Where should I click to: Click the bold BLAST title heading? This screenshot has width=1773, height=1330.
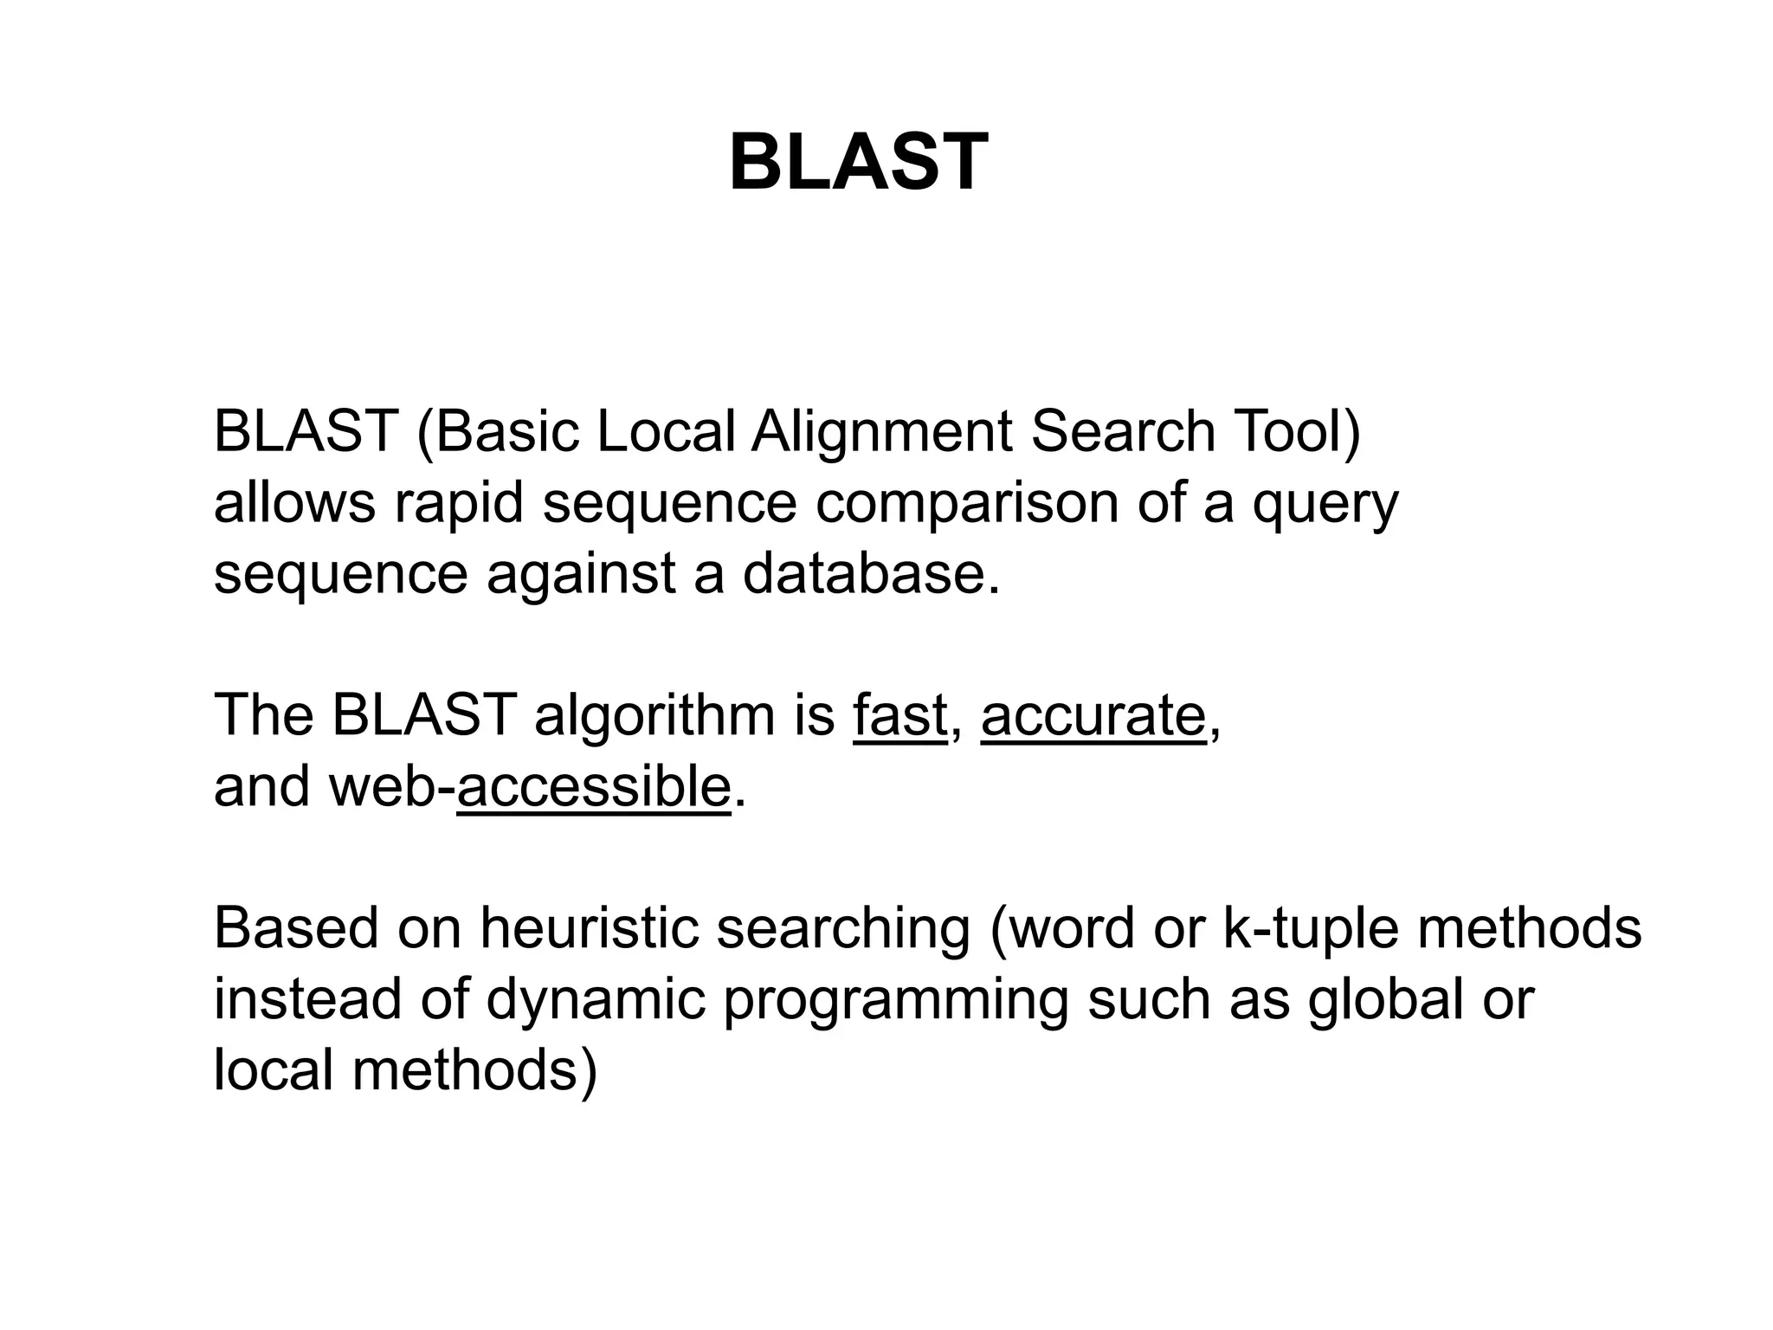click(x=858, y=163)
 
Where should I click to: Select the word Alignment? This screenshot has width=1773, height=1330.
click(x=881, y=433)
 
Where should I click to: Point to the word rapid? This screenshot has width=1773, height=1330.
click(x=459, y=504)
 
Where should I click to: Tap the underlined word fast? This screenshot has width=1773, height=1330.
click(x=899, y=716)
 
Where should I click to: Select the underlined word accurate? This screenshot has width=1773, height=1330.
click(x=1093, y=716)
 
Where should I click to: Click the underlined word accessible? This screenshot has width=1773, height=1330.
click(x=594, y=787)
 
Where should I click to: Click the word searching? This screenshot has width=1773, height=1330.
click(x=843, y=930)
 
